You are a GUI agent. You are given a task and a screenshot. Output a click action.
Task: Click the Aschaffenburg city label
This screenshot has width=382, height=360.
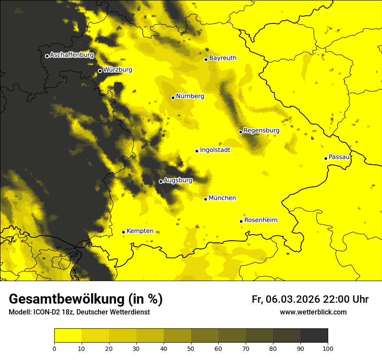72,55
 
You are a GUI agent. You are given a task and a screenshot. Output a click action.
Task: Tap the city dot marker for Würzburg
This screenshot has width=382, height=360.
100,71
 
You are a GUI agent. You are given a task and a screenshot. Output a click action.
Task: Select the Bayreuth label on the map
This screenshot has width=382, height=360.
223,58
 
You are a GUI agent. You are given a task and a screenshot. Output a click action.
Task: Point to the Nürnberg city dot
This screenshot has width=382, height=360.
173,98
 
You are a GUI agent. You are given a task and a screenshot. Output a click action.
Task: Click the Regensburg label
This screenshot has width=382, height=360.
261,131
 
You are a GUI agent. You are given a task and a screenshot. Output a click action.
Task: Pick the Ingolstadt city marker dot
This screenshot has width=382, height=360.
197,151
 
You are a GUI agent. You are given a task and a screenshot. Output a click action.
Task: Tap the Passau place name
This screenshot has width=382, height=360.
339,157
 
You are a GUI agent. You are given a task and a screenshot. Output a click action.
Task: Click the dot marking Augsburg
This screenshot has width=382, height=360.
161,181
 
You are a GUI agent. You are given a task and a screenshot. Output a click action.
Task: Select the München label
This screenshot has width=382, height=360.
222,198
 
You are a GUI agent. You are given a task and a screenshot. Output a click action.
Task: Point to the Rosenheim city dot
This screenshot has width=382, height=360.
241,221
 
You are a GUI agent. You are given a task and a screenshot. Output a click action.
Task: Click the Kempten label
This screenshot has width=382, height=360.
140,231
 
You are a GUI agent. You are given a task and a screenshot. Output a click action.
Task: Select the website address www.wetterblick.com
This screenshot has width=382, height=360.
313,312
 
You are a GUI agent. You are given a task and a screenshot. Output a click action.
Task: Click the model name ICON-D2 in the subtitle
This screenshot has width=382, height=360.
44,312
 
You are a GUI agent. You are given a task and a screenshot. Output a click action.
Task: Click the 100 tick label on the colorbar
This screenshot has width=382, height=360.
328,348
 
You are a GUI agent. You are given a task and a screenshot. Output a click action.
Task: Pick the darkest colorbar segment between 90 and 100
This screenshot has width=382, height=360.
314,335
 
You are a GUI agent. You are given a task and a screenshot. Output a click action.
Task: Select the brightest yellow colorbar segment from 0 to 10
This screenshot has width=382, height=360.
68,335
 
